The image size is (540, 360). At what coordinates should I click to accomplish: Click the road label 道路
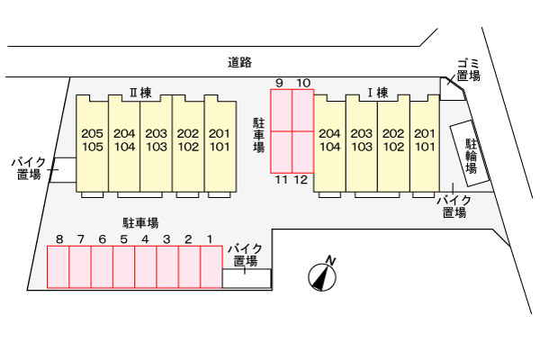click(239, 62)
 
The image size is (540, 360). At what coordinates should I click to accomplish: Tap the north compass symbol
click(322, 276)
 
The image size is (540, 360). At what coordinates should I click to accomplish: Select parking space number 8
click(58, 266)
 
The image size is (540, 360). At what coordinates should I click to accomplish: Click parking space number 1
click(211, 266)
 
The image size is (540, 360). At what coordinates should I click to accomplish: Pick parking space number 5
click(123, 266)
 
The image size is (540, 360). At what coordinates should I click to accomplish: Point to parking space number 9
click(282, 110)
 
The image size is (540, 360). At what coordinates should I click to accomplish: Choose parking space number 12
click(302, 152)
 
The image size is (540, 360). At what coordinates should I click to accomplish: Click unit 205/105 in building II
click(93, 143)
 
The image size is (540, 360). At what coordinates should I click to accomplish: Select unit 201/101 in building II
click(220, 143)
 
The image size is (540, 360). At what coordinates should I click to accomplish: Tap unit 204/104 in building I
click(329, 143)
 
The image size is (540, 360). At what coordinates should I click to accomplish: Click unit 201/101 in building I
click(425, 143)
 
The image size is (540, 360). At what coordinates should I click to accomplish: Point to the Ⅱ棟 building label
click(140, 93)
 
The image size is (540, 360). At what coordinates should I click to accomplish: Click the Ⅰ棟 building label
click(377, 93)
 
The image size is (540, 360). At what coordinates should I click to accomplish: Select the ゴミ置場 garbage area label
click(468, 70)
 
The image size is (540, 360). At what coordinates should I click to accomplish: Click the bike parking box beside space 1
click(247, 278)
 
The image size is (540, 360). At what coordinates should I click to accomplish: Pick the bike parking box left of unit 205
click(63, 170)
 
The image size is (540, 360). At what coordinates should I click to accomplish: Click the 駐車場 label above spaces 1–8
click(140, 223)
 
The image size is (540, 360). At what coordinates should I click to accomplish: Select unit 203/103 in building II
click(156, 143)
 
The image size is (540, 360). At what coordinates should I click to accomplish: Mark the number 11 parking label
click(282, 179)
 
